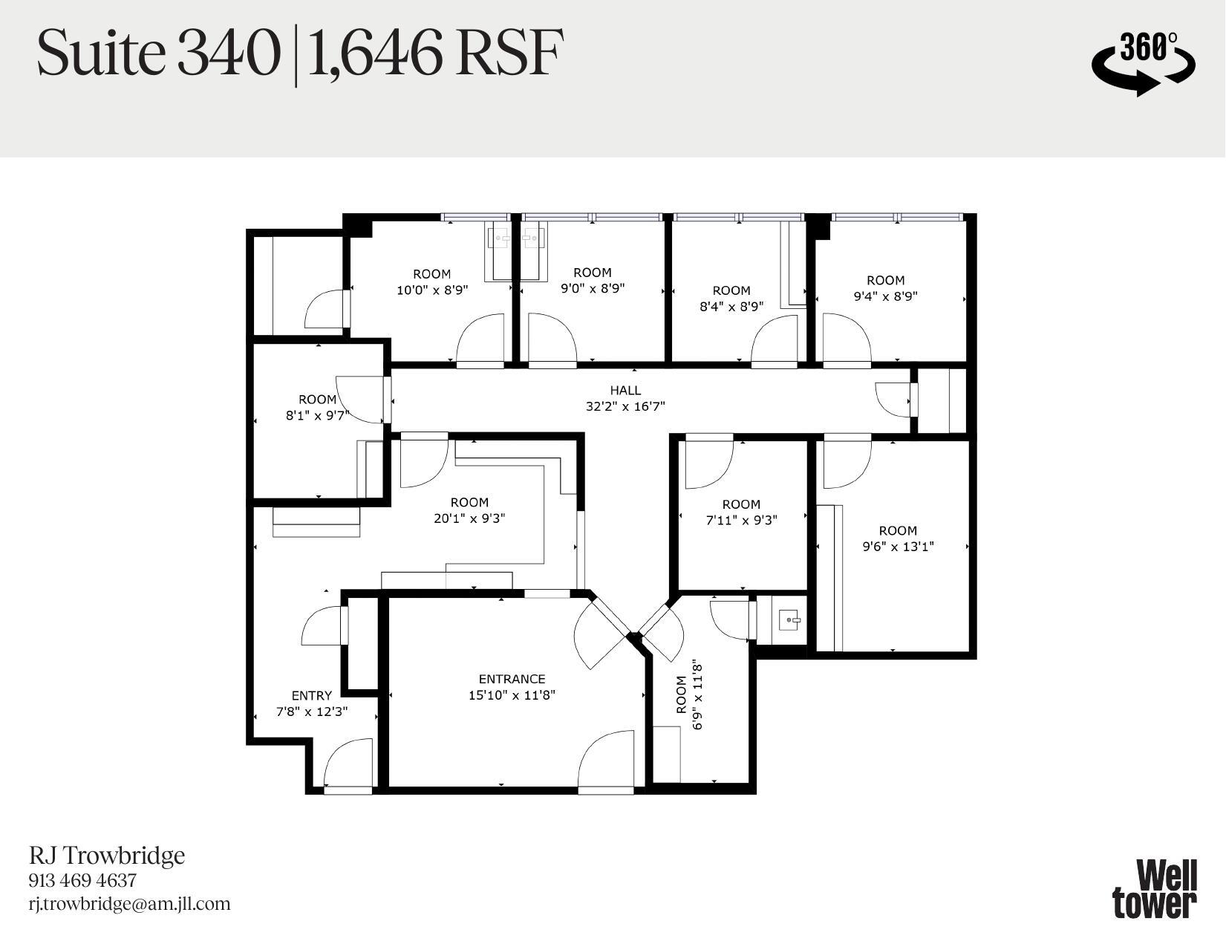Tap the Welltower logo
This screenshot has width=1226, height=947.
tap(1155, 888)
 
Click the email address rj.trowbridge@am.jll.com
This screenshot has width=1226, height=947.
tap(129, 904)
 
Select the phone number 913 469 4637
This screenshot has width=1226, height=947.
tap(82, 881)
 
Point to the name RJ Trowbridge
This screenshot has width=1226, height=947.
tap(107, 856)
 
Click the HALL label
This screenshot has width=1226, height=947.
tap(625, 390)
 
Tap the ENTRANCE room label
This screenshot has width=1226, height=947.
tap(512, 679)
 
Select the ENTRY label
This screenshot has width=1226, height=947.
tap(311, 696)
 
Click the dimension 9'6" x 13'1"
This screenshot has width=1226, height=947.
tap(898, 547)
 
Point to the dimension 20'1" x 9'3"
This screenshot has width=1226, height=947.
tap(469, 518)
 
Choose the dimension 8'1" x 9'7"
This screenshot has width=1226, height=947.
tap(317, 416)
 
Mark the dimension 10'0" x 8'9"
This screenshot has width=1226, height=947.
tap(432, 290)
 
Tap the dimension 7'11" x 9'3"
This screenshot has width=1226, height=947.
tap(741, 521)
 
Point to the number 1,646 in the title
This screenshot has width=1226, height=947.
tap(369, 53)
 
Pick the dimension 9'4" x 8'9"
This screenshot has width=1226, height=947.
tap(885, 296)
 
